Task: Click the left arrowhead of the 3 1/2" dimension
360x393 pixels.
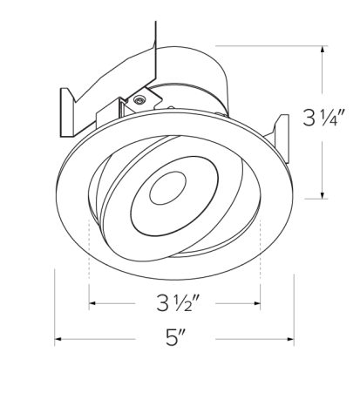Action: (x=92, y=304)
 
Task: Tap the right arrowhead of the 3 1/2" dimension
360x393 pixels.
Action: (x=257, y=304)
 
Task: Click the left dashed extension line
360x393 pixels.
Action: (x=89, y=261)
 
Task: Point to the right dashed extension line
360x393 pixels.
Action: (x=262, y=257)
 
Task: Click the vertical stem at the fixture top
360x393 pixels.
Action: (x=158, y=35)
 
